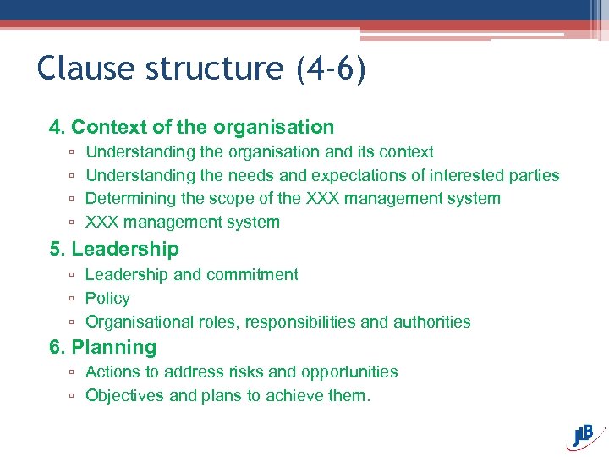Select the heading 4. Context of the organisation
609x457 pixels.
pos(191,128)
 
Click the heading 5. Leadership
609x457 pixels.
pos(114,250)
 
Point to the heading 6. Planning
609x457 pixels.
pos(103,348)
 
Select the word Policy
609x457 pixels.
pos(107,299)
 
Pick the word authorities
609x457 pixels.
pos(431,322)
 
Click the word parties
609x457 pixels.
pos(532,176)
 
